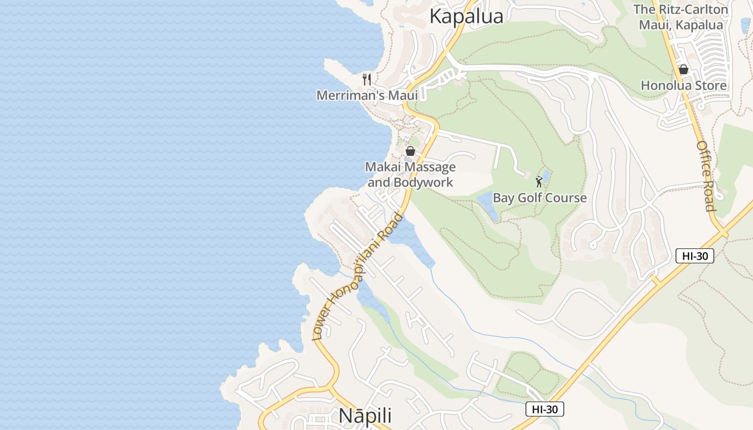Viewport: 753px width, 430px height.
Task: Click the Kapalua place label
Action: (x=466, y=17)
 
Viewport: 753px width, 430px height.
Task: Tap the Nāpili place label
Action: (x=365, y=417)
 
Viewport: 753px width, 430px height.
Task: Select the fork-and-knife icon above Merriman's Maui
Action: (x=367, y=80)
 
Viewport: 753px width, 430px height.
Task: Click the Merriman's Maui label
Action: (x=367, y=96)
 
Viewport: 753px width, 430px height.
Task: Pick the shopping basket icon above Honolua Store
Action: (x=684, y=69)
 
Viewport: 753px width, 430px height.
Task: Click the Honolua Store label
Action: (x=683, y=85)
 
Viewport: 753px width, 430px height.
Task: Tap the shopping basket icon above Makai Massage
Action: (x=410, y=151)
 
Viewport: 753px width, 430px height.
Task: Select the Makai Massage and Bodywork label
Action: (x=410, y=175)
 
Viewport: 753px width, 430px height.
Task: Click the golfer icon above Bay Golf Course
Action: (x=539, y=182)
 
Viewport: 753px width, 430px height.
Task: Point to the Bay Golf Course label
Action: (x=539, y=198)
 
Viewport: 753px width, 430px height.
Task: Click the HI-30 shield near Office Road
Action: (x=694, y=256)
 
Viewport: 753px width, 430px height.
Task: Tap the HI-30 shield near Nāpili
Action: (x=544, y=409)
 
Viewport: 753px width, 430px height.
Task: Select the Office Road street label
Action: (x=706, y=176)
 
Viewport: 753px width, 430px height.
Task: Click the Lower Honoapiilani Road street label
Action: (x=358, y=277)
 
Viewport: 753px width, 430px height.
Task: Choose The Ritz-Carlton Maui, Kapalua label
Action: (x=680, y=17)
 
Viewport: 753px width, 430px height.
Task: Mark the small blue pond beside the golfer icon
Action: (x=546, y=176)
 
